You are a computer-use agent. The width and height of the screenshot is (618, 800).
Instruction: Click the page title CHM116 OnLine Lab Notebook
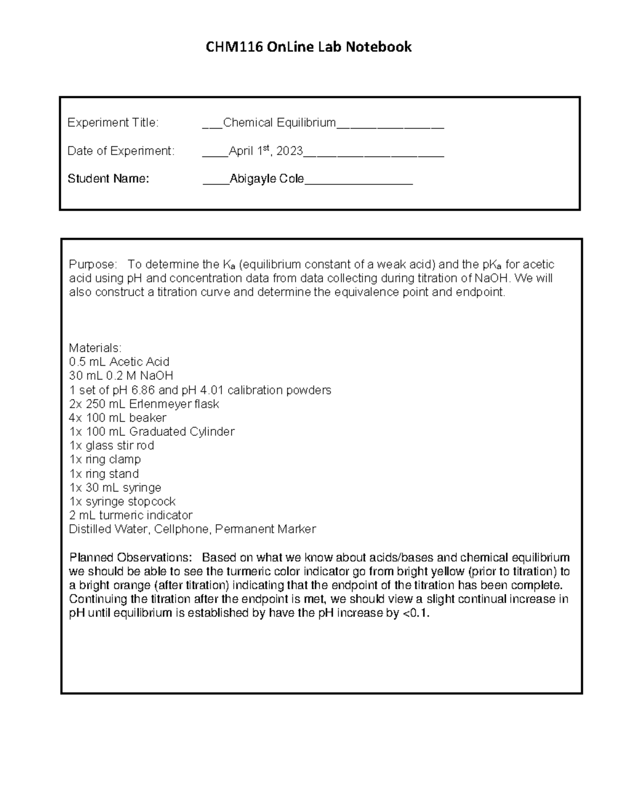point(308,47)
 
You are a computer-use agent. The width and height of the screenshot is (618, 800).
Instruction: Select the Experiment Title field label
point(113,123)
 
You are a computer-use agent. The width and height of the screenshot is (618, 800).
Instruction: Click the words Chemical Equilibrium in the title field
point(279,123)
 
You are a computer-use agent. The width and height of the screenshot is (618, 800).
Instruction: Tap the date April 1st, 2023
point(266,151)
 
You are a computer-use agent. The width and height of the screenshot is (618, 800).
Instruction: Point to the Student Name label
point(108,179)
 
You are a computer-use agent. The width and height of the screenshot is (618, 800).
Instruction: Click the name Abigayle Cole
point(267,179)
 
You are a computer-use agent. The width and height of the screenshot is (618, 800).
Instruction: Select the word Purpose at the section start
point(93,265)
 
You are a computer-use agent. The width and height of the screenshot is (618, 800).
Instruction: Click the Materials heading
point(95,348)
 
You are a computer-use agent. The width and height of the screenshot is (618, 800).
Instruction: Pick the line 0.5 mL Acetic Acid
point(119,362)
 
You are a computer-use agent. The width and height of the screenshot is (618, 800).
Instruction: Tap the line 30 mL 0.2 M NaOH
point(121,376)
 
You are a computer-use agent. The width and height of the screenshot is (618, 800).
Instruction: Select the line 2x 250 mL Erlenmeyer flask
point(144,404)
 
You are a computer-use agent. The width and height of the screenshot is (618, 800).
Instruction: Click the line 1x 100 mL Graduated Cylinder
point(152,432)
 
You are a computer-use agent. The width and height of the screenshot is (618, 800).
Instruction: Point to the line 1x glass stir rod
point(112,446)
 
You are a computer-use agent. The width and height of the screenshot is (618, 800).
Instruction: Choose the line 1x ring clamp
point(105,459)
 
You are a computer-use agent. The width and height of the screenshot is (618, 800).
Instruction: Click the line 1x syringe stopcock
point(123,502)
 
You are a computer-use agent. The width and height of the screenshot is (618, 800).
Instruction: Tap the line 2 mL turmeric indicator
point(131,516)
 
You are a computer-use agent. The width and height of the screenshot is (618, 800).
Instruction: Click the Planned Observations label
point(131,558)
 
